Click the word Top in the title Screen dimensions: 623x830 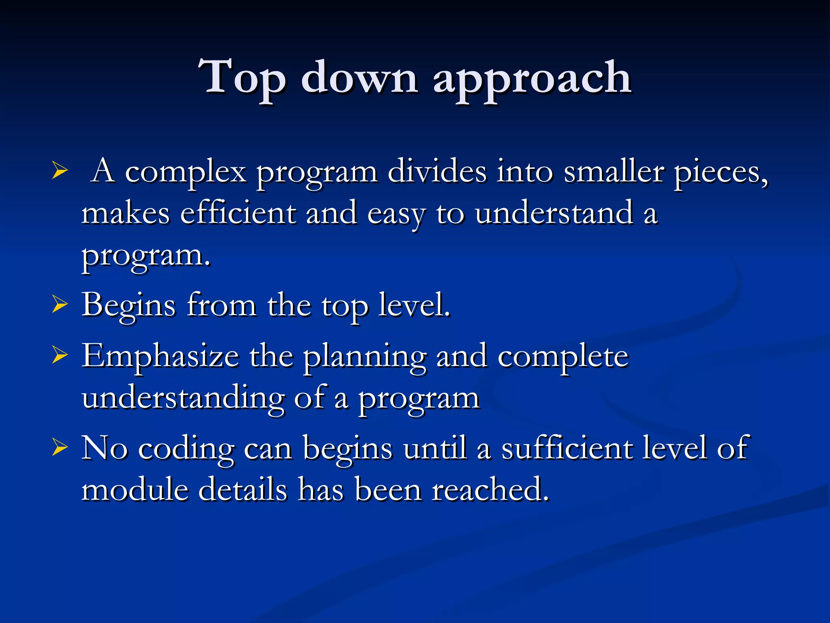[x=242, y=78]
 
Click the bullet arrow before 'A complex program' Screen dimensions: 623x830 [x=60, y=171]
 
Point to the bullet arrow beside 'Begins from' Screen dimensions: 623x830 [x=60, y=305]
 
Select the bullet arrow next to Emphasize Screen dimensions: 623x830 [x=60, y=356]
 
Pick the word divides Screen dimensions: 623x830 [x=437, y=171]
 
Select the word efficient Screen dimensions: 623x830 [x=238, y=213]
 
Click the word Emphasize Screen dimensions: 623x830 [x=160, y=357]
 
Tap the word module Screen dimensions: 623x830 [x=135, y=489]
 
